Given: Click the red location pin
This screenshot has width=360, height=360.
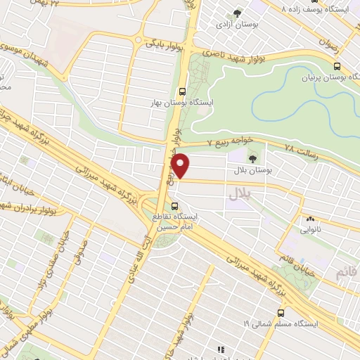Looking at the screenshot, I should click(x=181, y=165).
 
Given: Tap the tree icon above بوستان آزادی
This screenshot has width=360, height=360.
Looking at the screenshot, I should click(x=237, y=13).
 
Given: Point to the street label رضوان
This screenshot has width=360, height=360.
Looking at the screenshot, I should click(x=328, y=44).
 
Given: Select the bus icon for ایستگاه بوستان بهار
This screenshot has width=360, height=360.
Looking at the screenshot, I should click(x=183, y=91).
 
